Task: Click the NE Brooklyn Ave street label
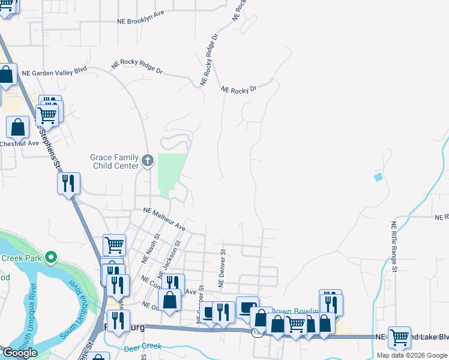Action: (x=141, y=17)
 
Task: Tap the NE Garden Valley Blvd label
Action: (x=54, y=71)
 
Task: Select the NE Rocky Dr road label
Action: (x=238, y=89)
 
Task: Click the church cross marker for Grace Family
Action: (x=148, y=161)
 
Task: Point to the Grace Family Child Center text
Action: (x=114, y=161)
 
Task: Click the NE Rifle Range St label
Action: (x=394, y=247)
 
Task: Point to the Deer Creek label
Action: (x=143, y=347)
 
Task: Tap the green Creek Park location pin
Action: (x=51, y=259)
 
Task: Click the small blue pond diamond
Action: (x=378, y=177)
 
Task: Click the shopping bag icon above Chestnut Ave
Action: (x=18, y=127)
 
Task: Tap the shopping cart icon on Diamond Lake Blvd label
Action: (x=399, y=337)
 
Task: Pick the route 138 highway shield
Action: (x=258, y=332)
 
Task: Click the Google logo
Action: (x=20, y=353)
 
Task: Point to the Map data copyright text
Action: (x=412, y=355)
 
